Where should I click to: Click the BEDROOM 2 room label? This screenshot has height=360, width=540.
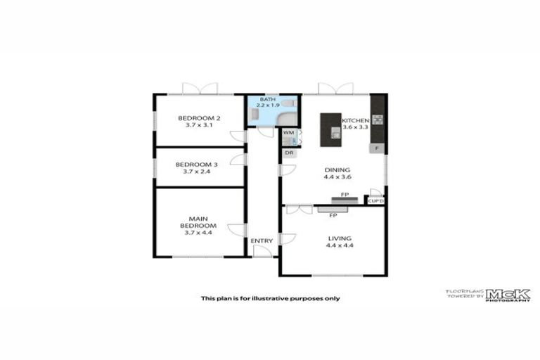coord(200,117)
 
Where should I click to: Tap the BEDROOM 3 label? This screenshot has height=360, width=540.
coord(200,165)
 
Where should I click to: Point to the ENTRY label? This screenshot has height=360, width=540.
coord(262,241)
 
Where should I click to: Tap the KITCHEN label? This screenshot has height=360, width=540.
coord(356,121)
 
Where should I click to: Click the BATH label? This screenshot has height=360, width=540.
coord(268,100)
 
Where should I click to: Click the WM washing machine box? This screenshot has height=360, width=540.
coord(288,132)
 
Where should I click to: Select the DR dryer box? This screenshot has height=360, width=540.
coord(288,153)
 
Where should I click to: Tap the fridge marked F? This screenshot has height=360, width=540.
coord(378,149)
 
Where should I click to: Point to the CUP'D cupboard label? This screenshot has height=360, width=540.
coord(376,201)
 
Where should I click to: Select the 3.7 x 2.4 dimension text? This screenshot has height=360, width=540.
coord(200,172)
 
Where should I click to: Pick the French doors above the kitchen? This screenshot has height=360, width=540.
coord(335,89)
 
